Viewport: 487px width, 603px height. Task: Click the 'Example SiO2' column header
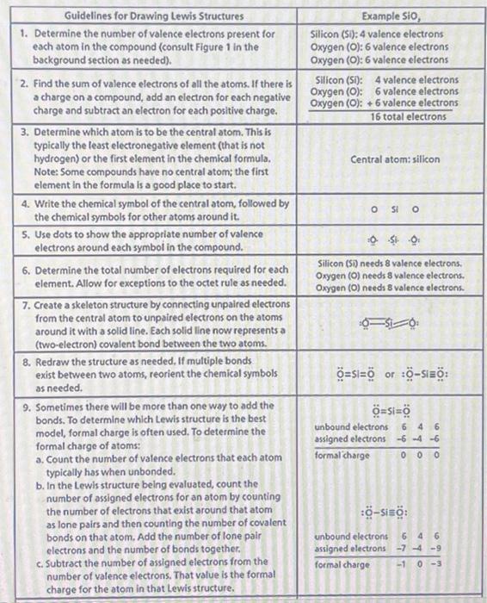tap(391, 16)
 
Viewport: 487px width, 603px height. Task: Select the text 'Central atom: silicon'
tap(395, 160)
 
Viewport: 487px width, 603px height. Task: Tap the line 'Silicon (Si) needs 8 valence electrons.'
tap(390, 263)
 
